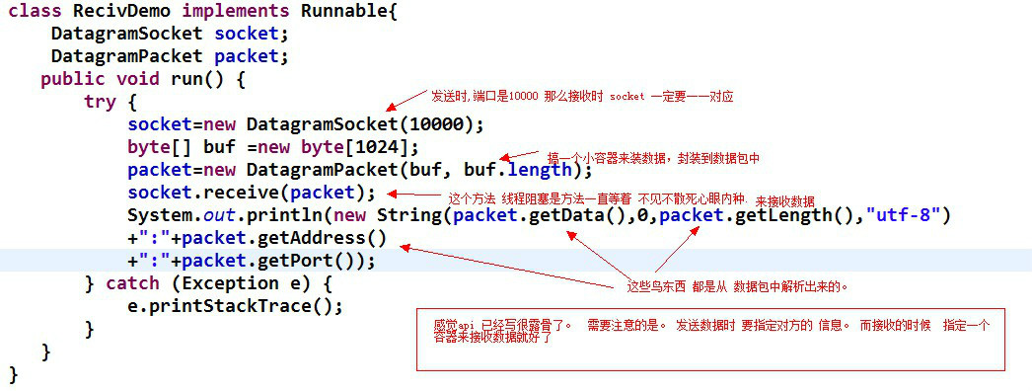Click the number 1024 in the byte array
point(382,148)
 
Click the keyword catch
point(133,284)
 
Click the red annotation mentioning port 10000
point(581,98)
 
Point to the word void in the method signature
point(138,80)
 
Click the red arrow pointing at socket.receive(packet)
point(414,195)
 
